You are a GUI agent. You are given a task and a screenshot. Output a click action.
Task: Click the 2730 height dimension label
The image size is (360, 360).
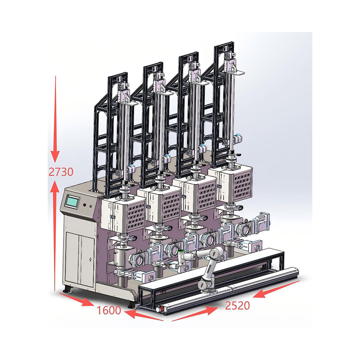tap(61, 171)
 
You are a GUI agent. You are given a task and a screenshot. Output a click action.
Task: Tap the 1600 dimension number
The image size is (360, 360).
tap(109, 310)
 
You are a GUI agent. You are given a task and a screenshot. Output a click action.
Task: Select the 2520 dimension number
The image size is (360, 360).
tap(238, 306)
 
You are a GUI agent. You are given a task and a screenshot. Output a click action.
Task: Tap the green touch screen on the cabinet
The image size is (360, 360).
tap(72, 202)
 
